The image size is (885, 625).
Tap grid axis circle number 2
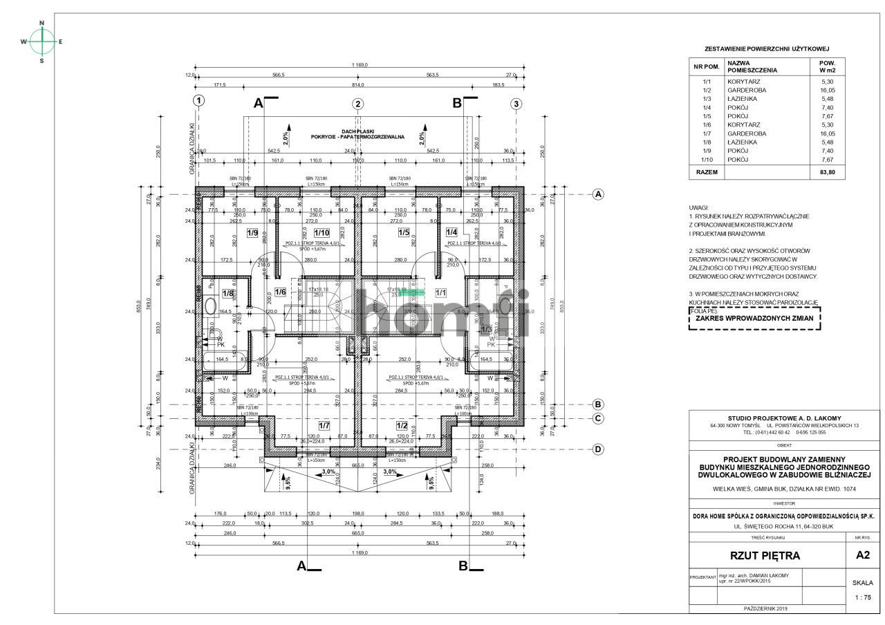click(357, 104)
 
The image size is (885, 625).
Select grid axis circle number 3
click(516, 104)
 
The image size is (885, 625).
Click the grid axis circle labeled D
click(598, 449)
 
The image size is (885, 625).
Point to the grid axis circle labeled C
click(598, 418)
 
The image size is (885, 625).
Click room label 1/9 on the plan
click(252, 233)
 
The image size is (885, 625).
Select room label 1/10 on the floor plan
click(322, 233)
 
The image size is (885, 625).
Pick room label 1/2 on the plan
click(401, 425)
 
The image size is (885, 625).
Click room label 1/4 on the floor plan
click(451, 233)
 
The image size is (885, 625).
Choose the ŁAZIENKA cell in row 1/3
click(741, 99)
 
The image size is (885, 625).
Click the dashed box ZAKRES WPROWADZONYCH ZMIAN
click(754, 319)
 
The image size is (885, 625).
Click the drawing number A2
click(863, 554)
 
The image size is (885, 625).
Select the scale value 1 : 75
click(863, 597)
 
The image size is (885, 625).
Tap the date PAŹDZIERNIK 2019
click(766, 608)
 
